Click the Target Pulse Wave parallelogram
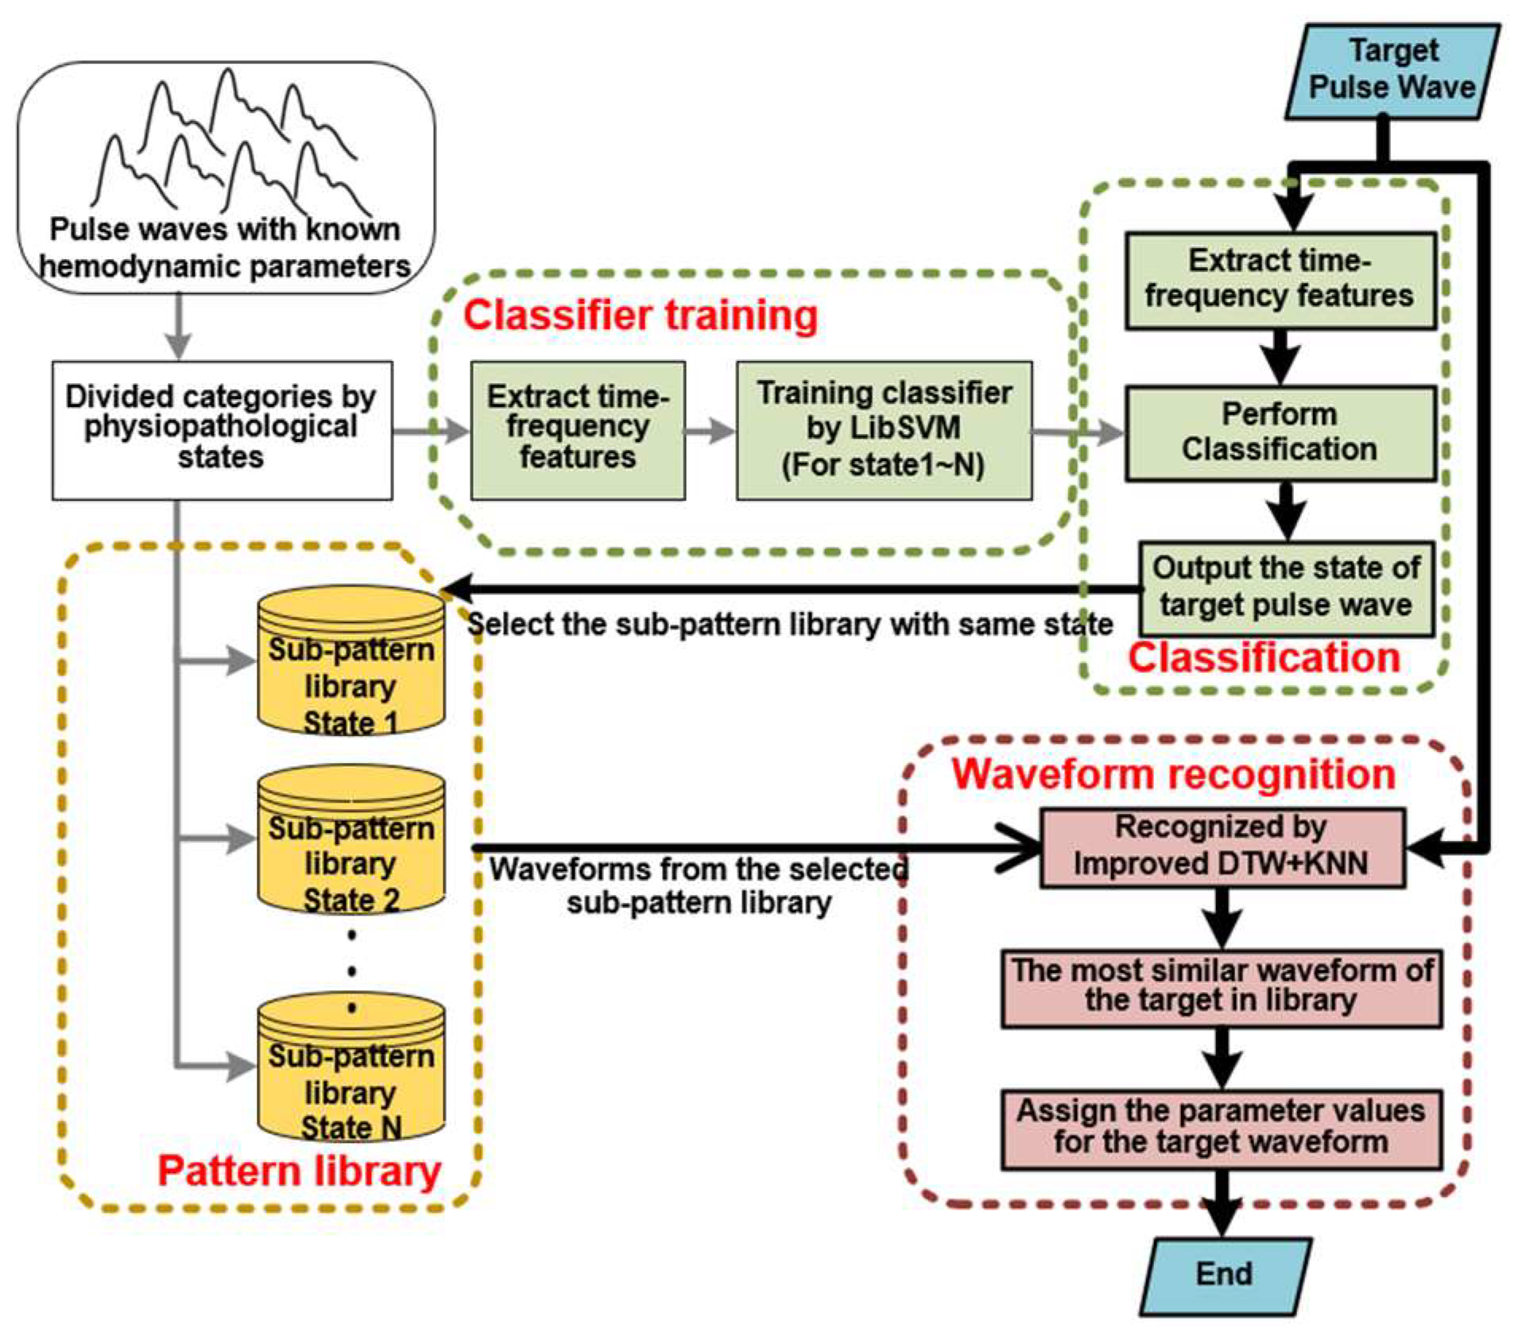tap(1392, 72)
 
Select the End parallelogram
tap(1225, 1275)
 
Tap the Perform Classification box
tap(1279, 433)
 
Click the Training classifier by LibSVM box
tap(884, 430)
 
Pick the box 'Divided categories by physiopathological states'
tap(222, 430)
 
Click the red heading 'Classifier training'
tap(641, 316)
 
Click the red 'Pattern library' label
tap(299, 1172)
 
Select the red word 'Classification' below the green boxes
tap(1264, 658)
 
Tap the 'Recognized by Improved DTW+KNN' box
tap(1222, 847)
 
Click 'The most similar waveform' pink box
tap(1222, 987)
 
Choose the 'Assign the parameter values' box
tap(1222, 1129)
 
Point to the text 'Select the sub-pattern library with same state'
tap(789, 625)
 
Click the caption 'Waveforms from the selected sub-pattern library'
tap(699, 886)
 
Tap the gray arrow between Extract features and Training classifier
tap(710, 432)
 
